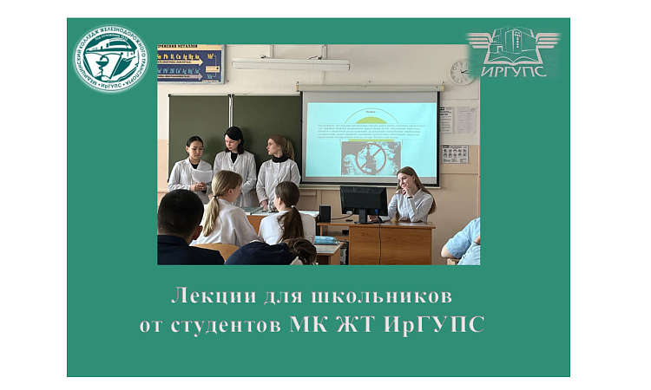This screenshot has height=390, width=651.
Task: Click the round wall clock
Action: point(462,72)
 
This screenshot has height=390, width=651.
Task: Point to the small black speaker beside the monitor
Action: point(324,213)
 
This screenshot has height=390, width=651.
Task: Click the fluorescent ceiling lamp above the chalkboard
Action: point(290,64)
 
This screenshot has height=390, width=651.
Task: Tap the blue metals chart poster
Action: point(190,62)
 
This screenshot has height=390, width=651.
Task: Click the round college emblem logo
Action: point(110,59)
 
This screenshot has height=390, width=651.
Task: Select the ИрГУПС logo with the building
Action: point(513,51)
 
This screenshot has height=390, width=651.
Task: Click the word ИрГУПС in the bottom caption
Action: point(441,325)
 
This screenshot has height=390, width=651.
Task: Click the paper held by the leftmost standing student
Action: point(201,176)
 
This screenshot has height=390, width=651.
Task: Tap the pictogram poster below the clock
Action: point(454,153)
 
